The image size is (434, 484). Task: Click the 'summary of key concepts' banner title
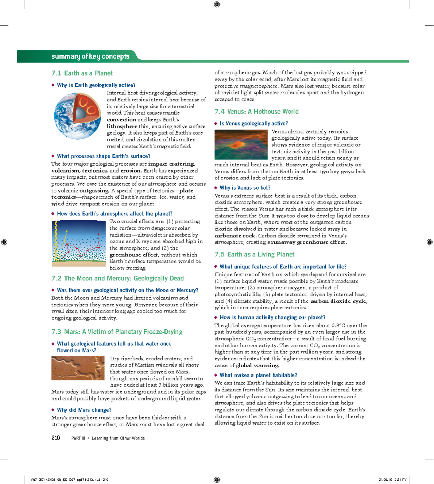90,56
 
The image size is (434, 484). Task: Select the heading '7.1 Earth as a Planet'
82,73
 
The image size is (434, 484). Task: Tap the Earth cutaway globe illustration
77,116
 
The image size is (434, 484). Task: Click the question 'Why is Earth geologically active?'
96,85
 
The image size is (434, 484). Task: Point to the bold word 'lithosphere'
122,126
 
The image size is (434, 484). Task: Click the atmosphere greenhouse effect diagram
78,243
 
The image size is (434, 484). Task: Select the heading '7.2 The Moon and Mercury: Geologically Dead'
118,278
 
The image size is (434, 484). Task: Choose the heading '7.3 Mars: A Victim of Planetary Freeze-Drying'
117,332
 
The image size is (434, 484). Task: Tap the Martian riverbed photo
78,368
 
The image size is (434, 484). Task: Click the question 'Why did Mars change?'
84,410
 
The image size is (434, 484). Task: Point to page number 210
56,438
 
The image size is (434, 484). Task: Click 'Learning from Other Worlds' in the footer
118,438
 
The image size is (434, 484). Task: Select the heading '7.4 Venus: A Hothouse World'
256,111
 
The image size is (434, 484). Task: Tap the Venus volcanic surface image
241,144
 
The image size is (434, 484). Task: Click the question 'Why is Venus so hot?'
245,188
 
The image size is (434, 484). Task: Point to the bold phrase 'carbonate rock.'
235,235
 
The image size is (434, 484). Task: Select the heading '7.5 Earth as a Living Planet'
254,254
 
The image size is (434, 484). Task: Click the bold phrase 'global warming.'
257,365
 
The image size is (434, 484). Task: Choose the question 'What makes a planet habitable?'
258,375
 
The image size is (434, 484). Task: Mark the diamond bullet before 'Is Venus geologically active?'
216,124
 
